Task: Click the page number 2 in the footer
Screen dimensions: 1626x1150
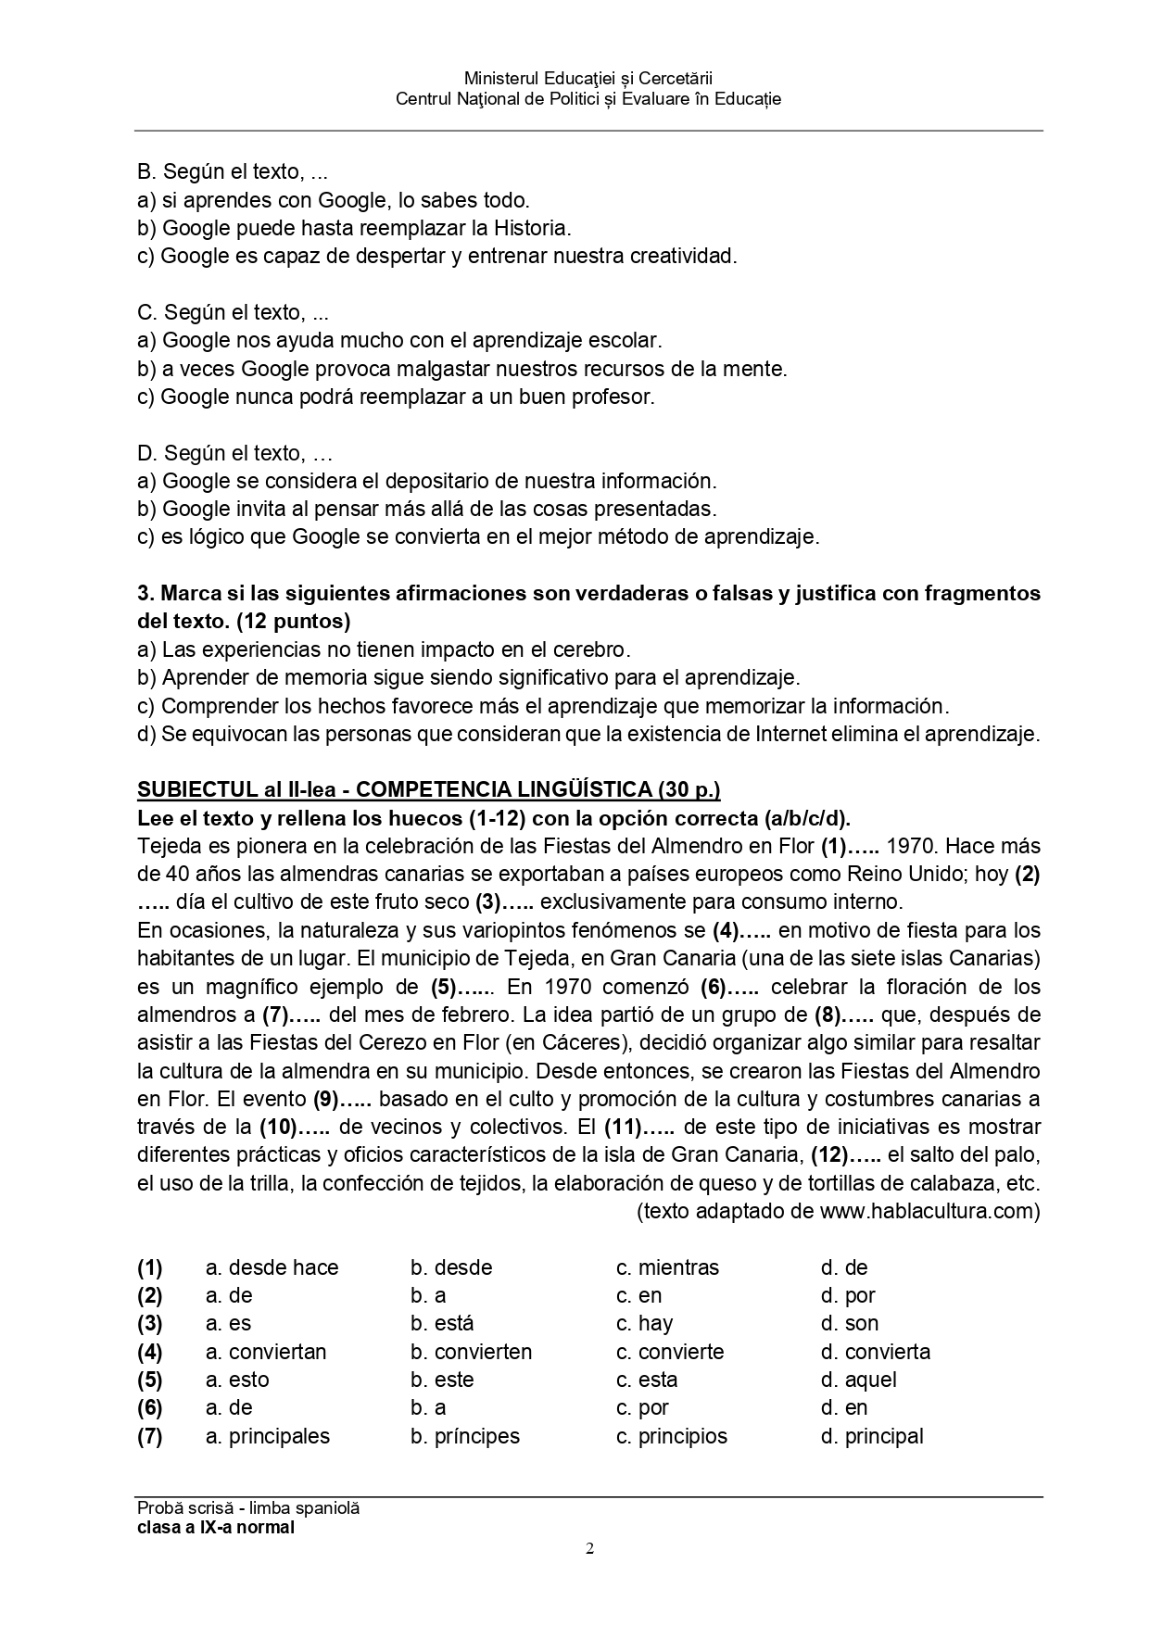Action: pos(589,1548)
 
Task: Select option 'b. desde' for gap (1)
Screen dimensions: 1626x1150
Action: pos(451,1267)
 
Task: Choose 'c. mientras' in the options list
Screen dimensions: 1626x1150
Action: pos(667,1267)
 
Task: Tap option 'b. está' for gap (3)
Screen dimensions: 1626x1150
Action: pos(442,1323)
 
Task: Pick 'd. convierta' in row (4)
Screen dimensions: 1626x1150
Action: pos(876,1352)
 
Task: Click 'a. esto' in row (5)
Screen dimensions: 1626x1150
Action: pos(237,1380)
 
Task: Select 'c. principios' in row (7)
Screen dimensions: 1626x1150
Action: pos(672,1436)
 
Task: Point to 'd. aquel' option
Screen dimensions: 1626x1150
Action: pos(859,1380)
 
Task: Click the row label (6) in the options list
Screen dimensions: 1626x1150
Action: pos(150,1408)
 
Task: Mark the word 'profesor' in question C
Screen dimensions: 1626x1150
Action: pos(616,397)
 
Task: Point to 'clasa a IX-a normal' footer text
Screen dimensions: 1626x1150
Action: pos(216,1527)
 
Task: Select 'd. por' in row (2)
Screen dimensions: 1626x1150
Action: pos(848,1295)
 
